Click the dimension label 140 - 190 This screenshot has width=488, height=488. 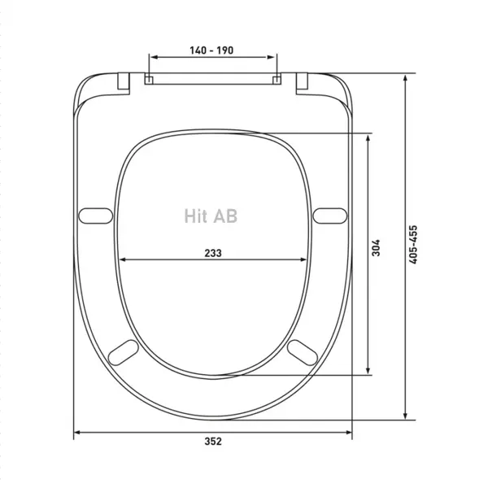tap(211, 50)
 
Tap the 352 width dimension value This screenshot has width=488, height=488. tap(213, 442)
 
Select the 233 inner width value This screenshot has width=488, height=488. tap(213, 253)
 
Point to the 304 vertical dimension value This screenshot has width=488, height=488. tap(376, 248)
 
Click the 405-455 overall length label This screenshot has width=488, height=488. tap(413, 245)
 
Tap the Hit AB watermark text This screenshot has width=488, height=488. tap(211, 216)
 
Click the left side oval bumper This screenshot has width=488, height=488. tap(95, 216)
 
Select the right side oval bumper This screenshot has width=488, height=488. tap(330, 216)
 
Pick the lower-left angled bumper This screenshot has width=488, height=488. tap(124, 353)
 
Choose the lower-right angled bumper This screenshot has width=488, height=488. tap(303, 353)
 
